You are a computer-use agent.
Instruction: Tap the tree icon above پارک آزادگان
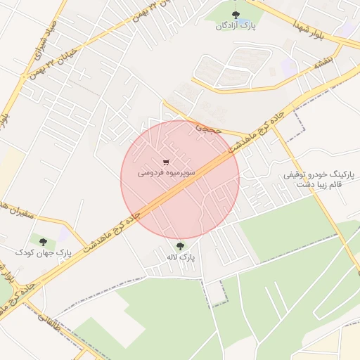pos(235,13)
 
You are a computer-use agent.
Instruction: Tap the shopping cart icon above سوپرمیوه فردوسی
pos(166,160)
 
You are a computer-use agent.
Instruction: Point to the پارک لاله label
pos(180,257)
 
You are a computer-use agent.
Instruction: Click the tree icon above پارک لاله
pos(180,245)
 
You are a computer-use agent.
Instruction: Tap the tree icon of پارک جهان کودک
pos(44,240)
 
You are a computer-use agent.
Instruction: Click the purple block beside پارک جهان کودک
pos(65,234)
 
